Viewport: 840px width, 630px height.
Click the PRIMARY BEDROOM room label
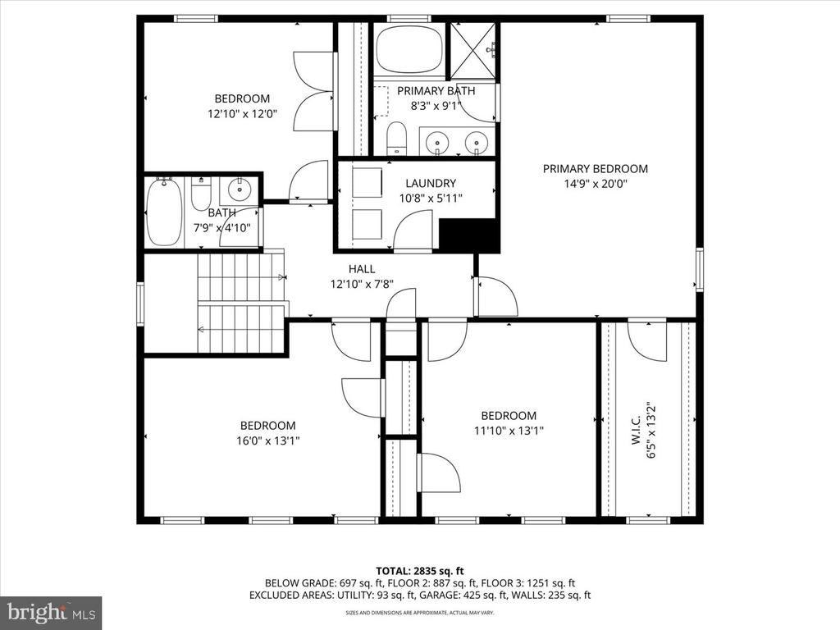[596, 169]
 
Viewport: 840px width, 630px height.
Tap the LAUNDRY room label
[431, 183]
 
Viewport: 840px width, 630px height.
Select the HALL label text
[362, 269]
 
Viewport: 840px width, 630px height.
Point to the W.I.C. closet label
[636, 430]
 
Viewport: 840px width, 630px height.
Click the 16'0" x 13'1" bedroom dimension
[268, 441]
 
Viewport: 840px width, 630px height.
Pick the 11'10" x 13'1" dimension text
[509, 431]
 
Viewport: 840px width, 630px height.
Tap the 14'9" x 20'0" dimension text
[596, 184]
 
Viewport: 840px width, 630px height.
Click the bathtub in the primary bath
[409, 50]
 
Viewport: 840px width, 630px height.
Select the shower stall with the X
[473, 51]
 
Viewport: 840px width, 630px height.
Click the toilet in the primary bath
[396, 138]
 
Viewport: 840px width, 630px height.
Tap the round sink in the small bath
[240, 189]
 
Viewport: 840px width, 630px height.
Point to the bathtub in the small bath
[164, 212]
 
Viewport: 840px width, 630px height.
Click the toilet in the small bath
[202, 194]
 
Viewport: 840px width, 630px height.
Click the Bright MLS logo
[51, 612]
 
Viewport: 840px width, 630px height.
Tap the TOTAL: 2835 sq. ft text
[420, 571]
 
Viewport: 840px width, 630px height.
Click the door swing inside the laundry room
[413, 230]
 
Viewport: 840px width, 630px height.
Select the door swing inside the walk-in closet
[647, 341]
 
